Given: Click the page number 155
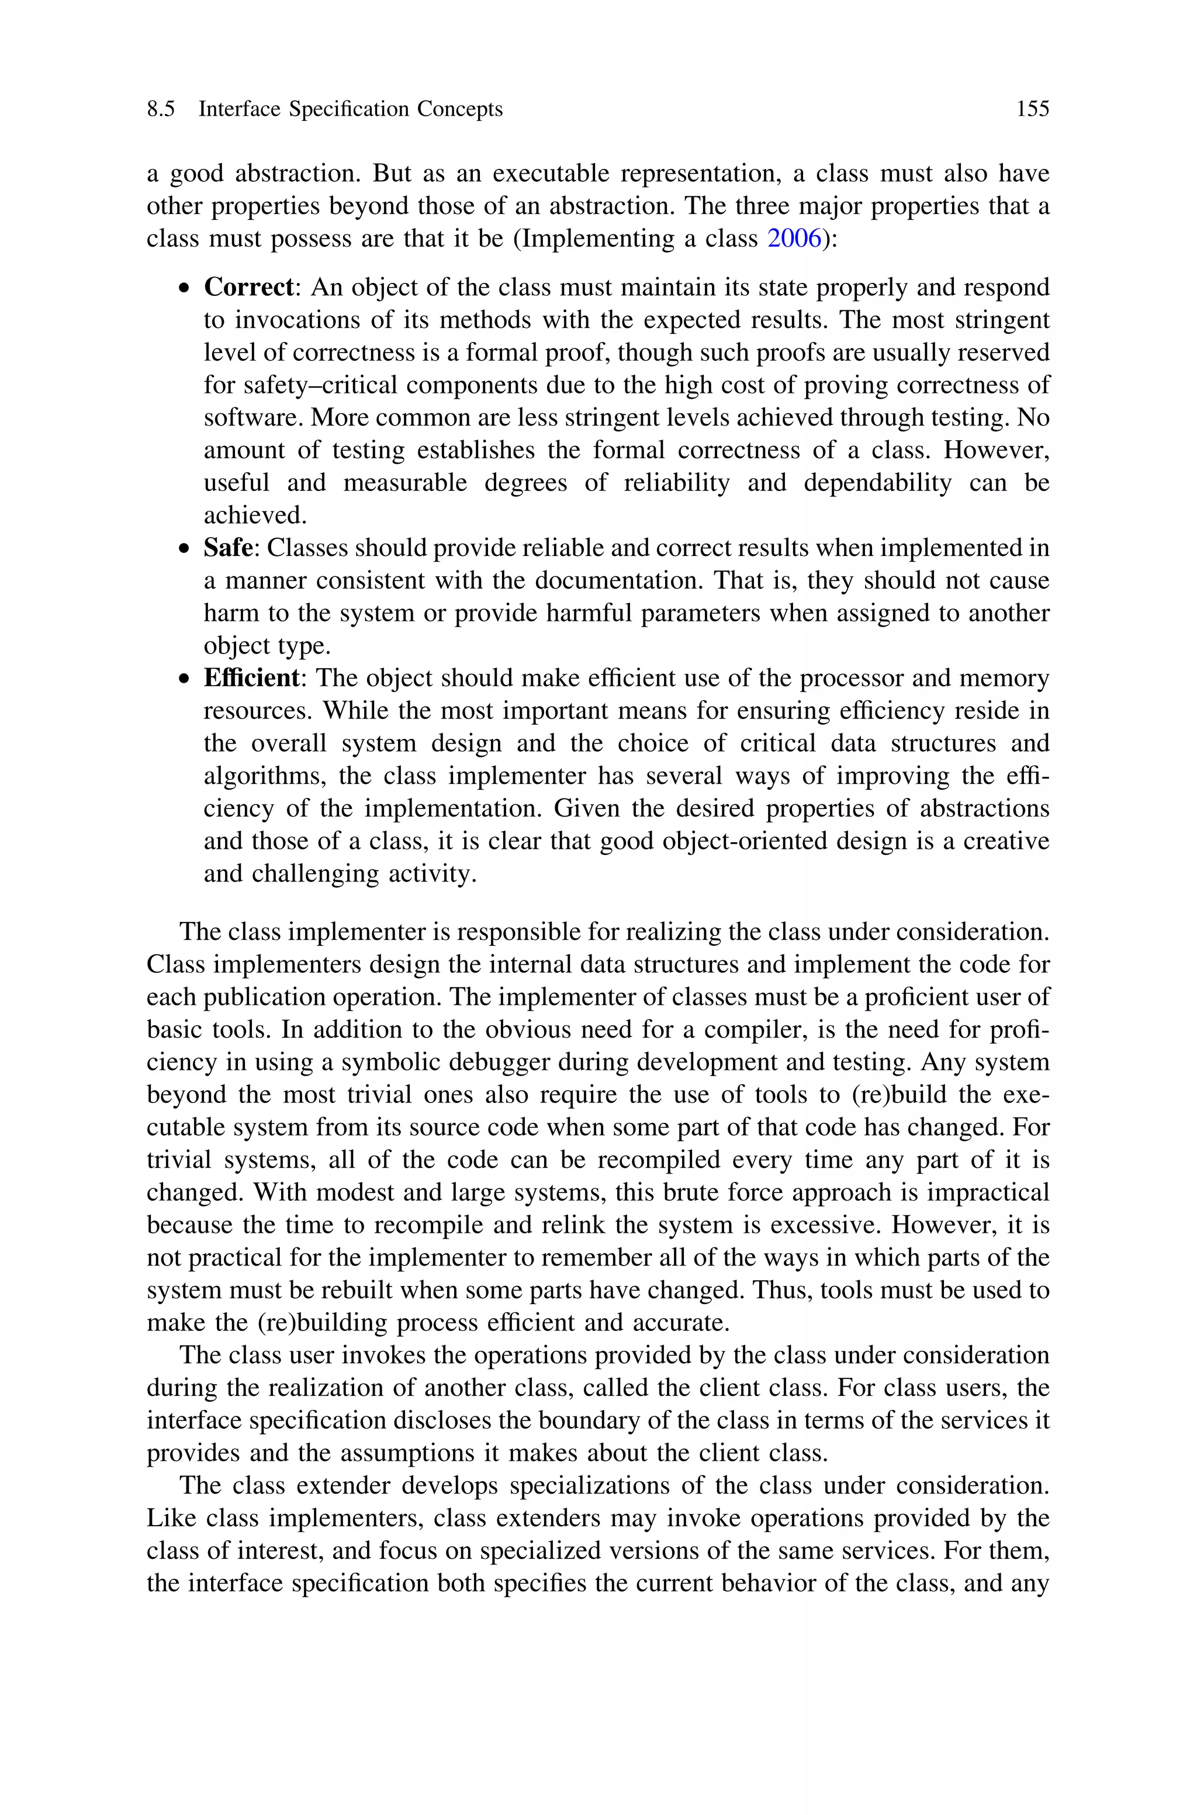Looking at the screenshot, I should coord(1032,109).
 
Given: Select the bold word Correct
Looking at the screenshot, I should coord(248,288).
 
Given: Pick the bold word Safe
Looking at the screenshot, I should coord(227,548).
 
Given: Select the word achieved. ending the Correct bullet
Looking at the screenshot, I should coord(255,516).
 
